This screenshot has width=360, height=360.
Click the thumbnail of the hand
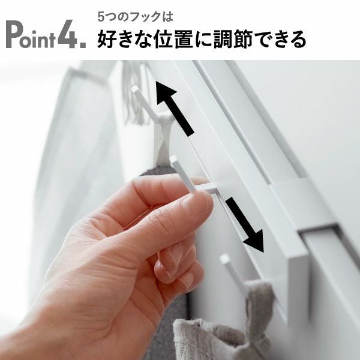198,204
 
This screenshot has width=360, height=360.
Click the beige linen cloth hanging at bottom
216,336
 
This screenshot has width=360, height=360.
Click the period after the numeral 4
83,44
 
